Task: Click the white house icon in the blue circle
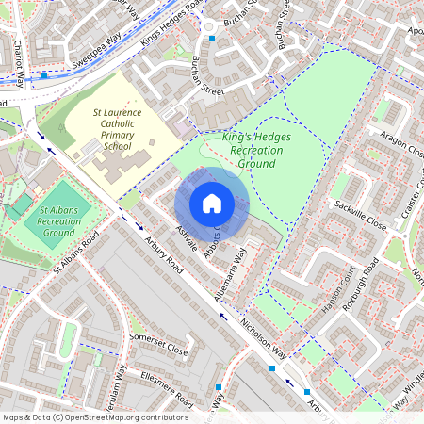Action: point(212,204)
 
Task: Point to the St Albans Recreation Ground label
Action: point(58,220)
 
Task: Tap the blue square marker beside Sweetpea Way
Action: point(44,74)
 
